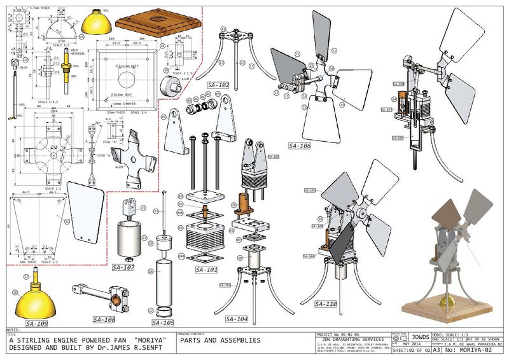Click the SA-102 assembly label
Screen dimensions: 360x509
[x=218, y=85]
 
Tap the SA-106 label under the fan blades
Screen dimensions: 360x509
[x=299, y=146]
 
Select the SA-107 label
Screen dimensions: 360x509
[x=123, y=268]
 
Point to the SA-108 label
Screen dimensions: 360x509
[x=104, y=319]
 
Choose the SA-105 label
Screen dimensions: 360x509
[x=163, y=322]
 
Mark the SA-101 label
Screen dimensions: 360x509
[x=207, y=270]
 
